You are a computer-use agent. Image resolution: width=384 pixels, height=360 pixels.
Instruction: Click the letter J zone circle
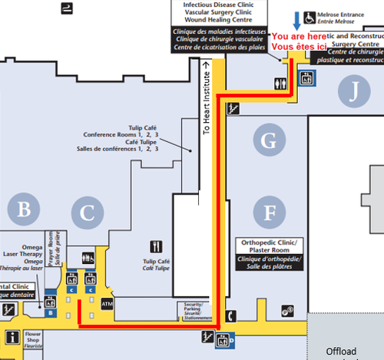tap(353, 92)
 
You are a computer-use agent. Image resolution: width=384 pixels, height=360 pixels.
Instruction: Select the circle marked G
tap(268, 140)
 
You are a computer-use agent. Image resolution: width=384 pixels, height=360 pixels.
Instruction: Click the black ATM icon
tap(108, 304)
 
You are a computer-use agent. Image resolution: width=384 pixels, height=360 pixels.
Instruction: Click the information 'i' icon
tap(12, 336)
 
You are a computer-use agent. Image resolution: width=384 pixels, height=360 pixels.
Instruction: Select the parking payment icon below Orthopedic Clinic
tap(289, 310)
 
